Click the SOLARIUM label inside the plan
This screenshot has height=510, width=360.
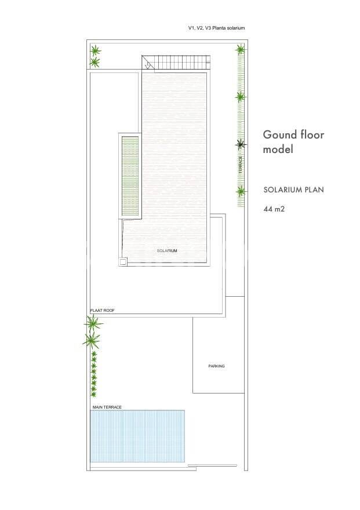167,251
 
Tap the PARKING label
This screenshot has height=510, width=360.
216,366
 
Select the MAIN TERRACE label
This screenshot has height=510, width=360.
107,407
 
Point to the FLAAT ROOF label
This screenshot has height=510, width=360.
103,311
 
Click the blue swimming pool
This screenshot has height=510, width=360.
137,436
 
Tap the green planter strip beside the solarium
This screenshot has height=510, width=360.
130,176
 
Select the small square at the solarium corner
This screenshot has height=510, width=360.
123,262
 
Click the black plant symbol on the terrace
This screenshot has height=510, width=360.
241,144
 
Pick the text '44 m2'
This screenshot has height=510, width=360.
274,209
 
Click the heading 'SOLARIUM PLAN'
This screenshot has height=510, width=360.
294,190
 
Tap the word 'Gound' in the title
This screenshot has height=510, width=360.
281,134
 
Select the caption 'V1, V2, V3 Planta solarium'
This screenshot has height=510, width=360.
217,28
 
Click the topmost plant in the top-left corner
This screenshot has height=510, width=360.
95,51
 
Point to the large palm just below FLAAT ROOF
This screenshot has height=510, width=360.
93,323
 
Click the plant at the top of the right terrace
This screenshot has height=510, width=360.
240,50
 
